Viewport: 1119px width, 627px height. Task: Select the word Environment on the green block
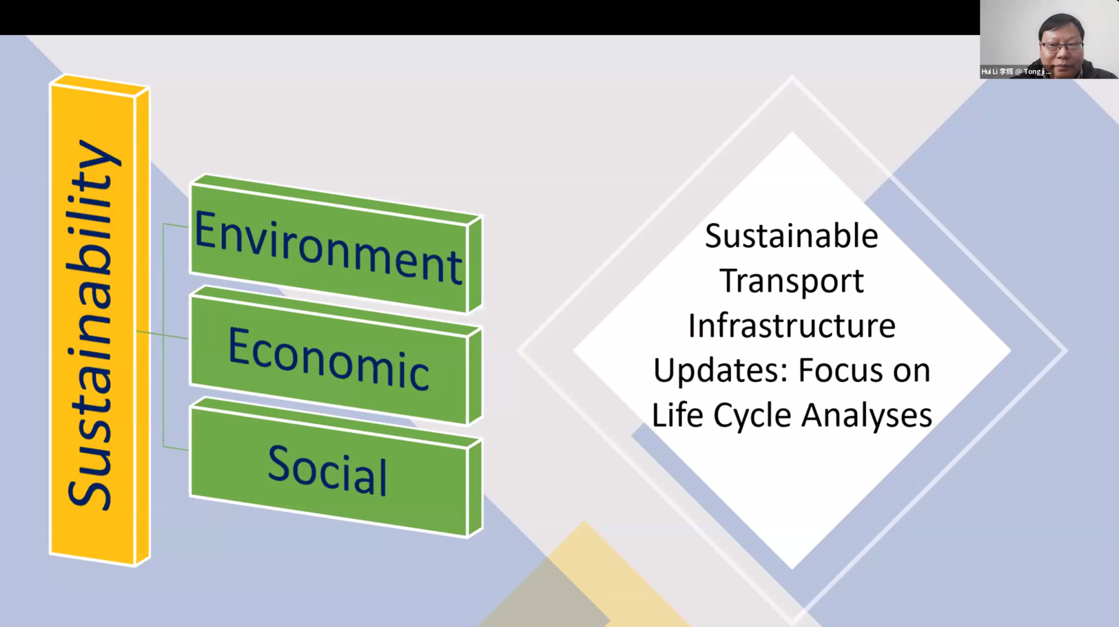coord(328,247)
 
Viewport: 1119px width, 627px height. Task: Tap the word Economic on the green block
coord(328,359)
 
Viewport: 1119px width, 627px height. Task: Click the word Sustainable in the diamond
coord(791,236)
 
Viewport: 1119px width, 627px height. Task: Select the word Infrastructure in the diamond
coord(792,326)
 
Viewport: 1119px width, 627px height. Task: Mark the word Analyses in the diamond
coord(867,416)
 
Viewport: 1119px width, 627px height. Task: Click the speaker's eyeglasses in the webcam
coord(1061,46)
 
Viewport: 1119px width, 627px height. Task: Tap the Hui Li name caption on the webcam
coord(1016,72)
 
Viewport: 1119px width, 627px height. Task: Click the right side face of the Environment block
coord(474,264)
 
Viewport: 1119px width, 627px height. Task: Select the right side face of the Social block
coord(474,487)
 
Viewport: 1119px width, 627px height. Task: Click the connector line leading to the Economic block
coord(162,335)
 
